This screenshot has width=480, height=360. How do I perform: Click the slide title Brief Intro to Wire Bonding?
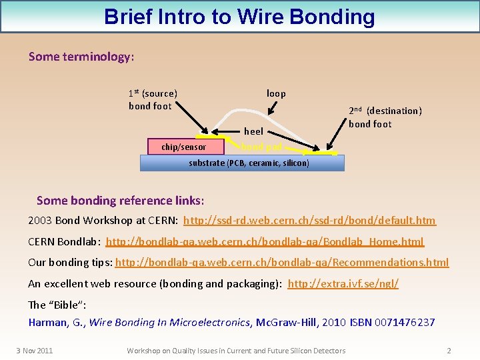[239, 17]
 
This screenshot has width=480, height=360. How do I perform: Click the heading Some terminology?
[81, 57]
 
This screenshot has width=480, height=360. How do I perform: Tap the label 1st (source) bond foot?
[152, 99]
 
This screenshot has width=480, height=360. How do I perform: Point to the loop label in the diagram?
[276, 93]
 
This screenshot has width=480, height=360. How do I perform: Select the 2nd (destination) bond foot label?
[385, 117]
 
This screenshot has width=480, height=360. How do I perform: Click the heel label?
[253, 131]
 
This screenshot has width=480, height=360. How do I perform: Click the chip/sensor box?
[184, 147]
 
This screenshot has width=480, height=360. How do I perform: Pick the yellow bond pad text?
[261, 147]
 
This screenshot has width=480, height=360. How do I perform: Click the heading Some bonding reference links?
[120, 201]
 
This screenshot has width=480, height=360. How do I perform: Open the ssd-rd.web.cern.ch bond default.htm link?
[309, 220]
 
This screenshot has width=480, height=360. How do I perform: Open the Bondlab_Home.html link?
[265, 241]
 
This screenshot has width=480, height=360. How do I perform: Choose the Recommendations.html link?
[282, 263]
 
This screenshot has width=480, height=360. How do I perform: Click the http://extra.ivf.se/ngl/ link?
[343, 284]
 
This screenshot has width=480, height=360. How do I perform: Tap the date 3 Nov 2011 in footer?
[35, 351]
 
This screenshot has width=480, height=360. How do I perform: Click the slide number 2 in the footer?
[449, 351]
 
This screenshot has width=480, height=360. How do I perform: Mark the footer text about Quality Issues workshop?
[236, 351]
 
